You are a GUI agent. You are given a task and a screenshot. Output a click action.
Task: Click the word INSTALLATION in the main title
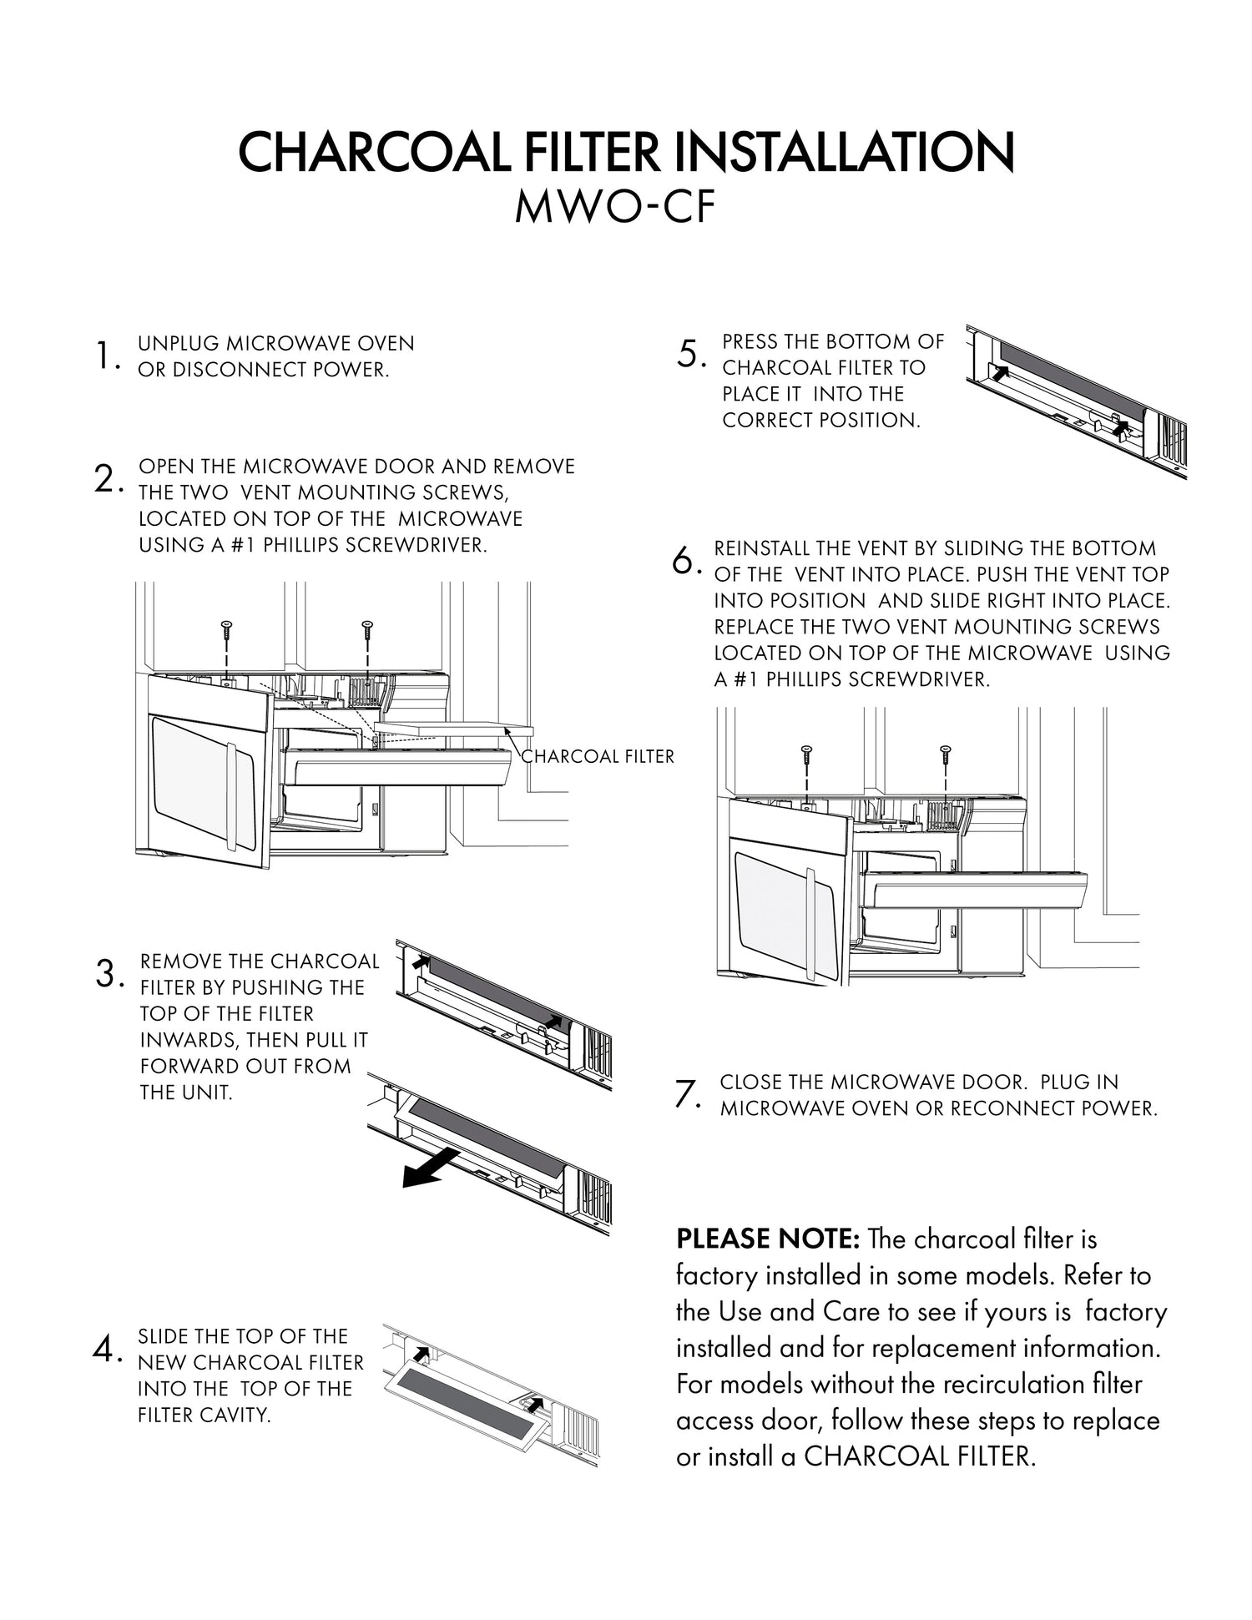(x=843, y=152)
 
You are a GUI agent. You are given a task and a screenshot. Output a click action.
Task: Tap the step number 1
(x=104, y=356)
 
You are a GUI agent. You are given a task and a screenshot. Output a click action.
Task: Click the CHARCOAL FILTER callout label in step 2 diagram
(x=598, y=756)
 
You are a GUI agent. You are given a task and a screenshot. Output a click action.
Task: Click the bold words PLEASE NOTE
(x=767, y=1239)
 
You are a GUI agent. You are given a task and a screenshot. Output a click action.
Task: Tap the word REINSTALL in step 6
(x=762, y=548)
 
